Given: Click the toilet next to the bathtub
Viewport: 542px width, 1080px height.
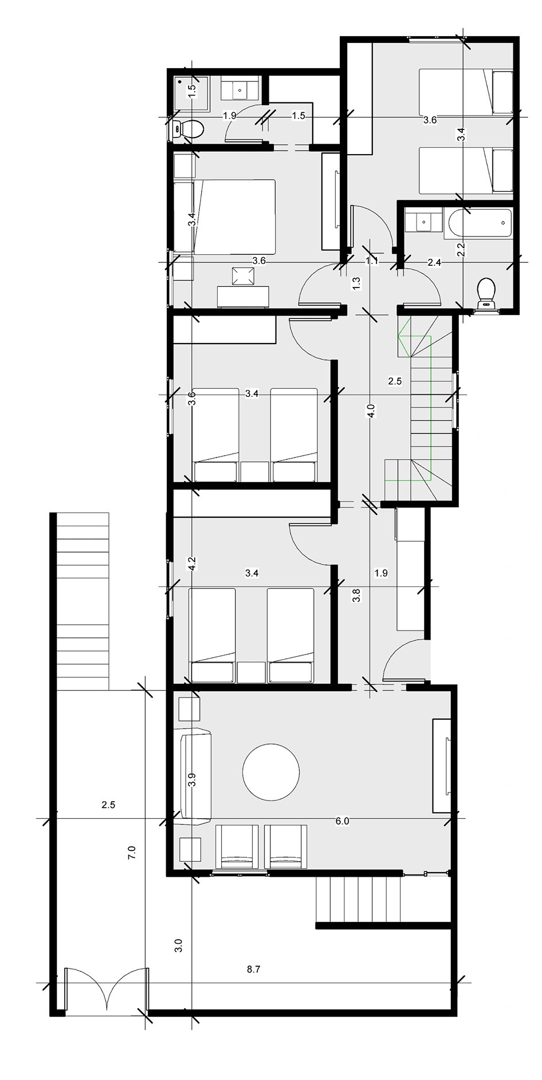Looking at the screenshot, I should click(x=486, y=291).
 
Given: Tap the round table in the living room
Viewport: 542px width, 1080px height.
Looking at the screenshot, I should click(x=271, y=771).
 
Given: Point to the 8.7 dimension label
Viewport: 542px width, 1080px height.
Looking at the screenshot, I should click(x=253, y=969).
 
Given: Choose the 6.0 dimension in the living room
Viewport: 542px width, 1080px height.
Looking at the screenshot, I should click(x=342, y=821).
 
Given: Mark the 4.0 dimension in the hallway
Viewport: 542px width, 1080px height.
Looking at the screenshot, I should click(x=371, y=411).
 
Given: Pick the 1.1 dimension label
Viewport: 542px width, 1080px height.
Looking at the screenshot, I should click(x=372, y=261).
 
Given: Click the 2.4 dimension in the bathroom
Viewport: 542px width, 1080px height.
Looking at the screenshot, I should click(x=434, y=262).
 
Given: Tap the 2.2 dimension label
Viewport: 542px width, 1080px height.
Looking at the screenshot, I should click(x=460, y=249).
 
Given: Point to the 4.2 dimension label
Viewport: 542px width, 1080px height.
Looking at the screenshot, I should click(x=193, y=563).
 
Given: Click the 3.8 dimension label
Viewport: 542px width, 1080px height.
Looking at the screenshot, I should click(x=356, y=596).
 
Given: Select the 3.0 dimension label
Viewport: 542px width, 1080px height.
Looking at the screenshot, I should click(x=178, y=945).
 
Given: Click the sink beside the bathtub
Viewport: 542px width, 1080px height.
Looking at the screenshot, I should click(x=423, y=221).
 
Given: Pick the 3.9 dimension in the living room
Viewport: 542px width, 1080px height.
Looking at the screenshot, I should click(x=192, y=779).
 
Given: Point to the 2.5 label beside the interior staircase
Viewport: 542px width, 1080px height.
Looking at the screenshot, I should click(x=395, y=381).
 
